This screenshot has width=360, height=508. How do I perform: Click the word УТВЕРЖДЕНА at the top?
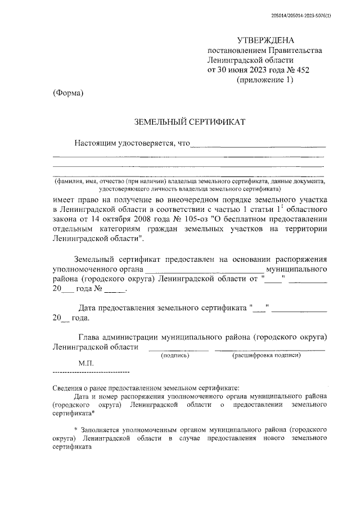point(265,40)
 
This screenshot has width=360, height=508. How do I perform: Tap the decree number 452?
point(303,70)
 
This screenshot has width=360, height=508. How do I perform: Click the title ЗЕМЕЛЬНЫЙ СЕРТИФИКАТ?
point(190,121)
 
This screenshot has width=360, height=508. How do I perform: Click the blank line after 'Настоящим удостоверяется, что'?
point(259,147)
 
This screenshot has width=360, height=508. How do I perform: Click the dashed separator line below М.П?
point(91,373)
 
